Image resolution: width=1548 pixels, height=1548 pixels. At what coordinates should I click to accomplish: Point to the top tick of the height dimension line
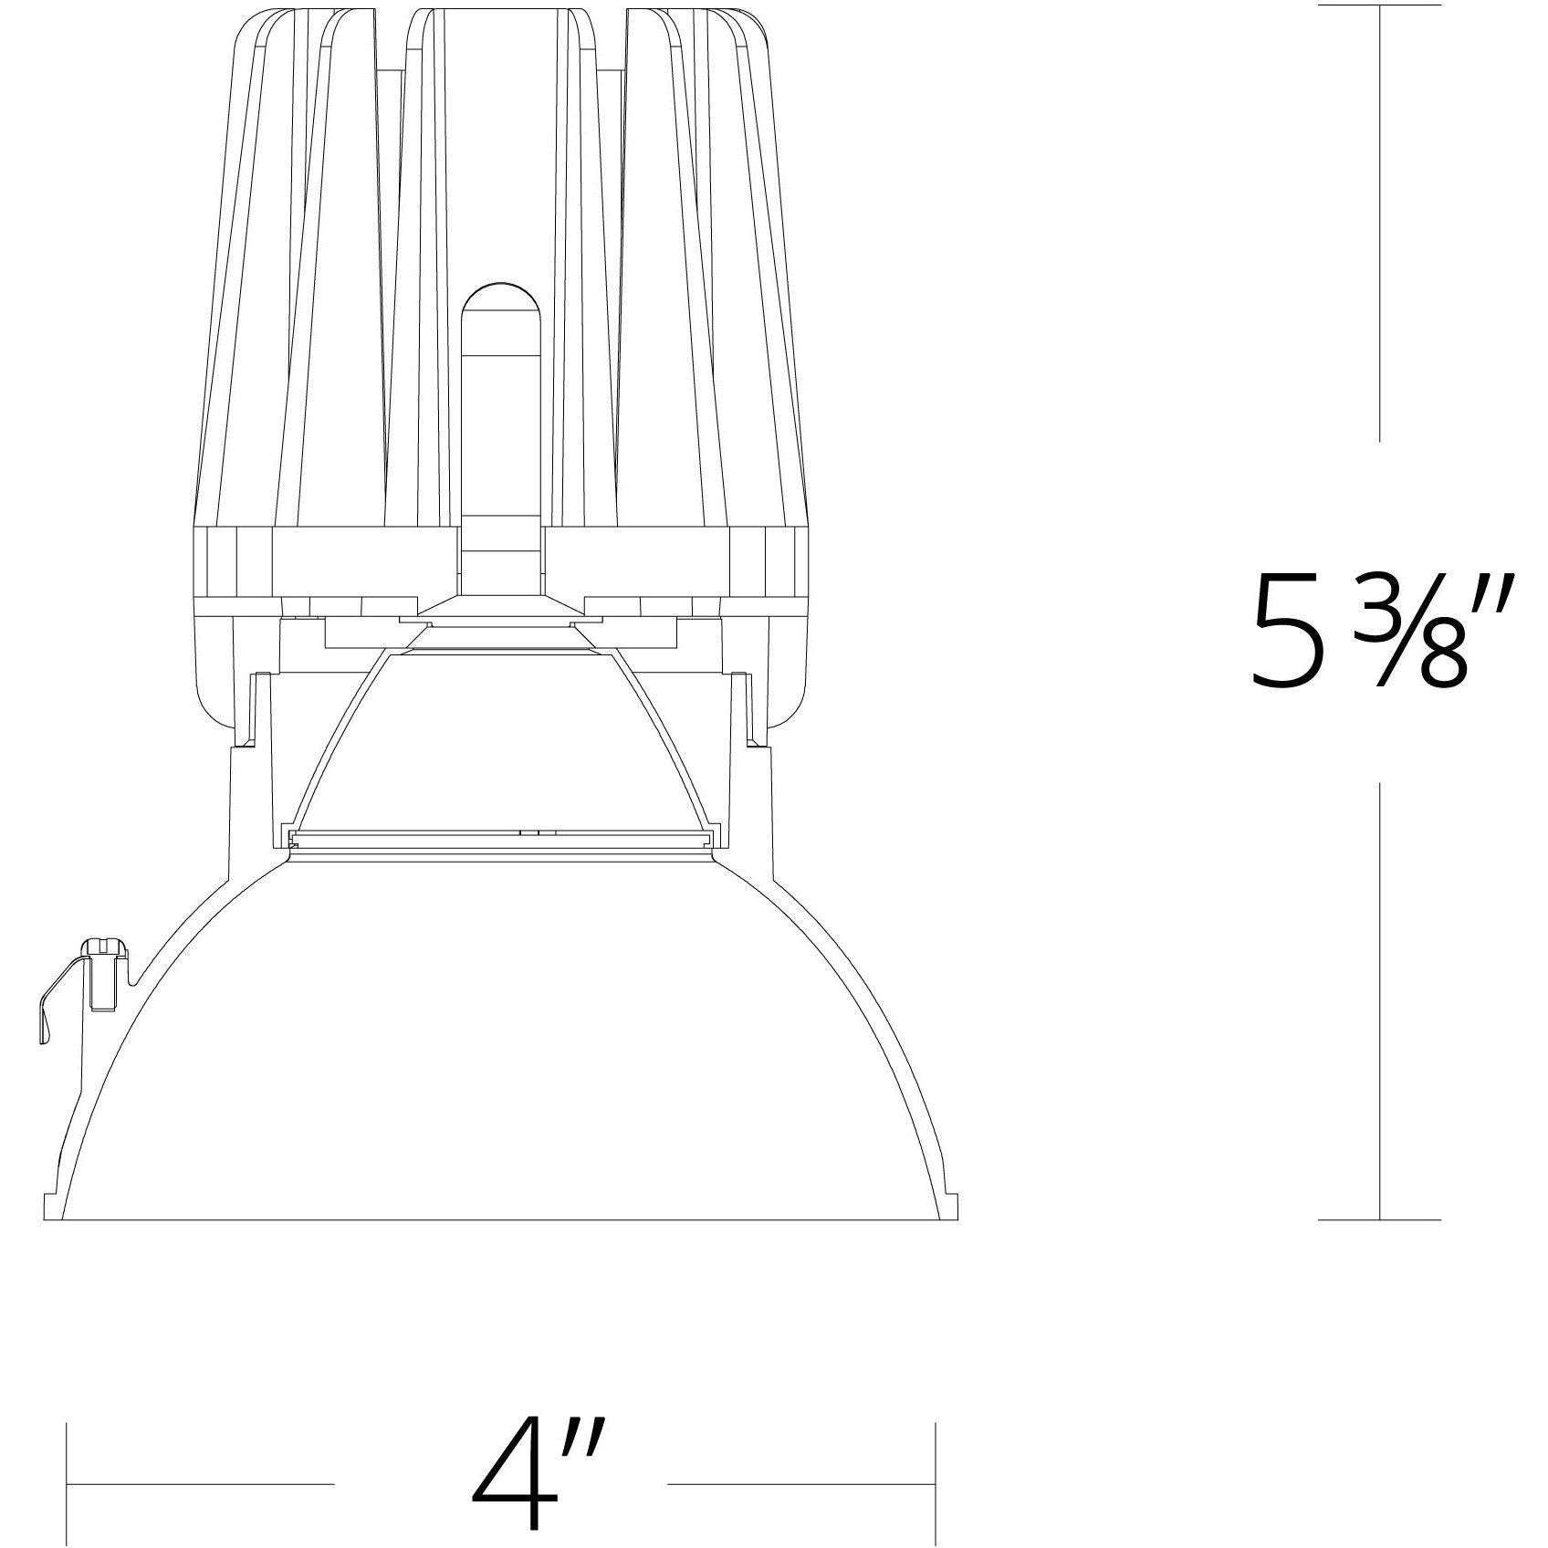(x=1379, y=6)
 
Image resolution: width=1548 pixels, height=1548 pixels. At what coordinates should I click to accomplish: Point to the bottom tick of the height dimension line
(x=1379, y=1219)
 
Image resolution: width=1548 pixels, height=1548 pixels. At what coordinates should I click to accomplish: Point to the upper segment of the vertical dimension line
(x=1379, y=228)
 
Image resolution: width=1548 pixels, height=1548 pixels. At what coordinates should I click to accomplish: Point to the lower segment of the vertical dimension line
(x=1379, y=1004)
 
